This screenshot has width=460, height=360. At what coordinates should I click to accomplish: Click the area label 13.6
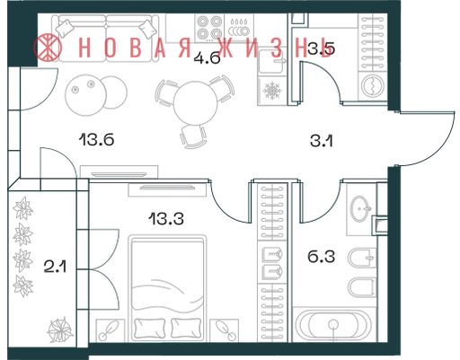(96, 139)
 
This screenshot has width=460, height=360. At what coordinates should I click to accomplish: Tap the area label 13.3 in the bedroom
(166, 218)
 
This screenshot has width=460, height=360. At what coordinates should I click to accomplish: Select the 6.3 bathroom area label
(321, 257)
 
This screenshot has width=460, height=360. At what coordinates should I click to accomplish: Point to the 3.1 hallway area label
(322, 141)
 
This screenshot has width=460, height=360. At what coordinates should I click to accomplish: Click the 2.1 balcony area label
(55, 267)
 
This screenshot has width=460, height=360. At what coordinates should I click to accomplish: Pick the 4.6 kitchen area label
(207, 57)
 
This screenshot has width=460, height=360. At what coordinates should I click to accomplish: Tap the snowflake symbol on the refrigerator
(272, 91)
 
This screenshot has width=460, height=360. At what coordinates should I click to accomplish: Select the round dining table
(195, 103)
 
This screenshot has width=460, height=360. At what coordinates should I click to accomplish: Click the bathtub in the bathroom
(333, 325)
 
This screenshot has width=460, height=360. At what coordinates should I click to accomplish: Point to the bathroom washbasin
(360, 208)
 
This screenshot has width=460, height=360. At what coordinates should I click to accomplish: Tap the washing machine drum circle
(373, 85)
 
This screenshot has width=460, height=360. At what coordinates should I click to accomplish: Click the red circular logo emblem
(48, 48)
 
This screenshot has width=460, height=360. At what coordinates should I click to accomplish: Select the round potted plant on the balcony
(60, 330)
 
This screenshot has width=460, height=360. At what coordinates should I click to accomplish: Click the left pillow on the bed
(150, 329)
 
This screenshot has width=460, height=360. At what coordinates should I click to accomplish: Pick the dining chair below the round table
(193, 136)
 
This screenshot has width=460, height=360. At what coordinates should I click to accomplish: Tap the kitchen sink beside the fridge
(271, 61)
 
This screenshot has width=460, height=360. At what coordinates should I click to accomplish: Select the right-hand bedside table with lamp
(225, 330)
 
